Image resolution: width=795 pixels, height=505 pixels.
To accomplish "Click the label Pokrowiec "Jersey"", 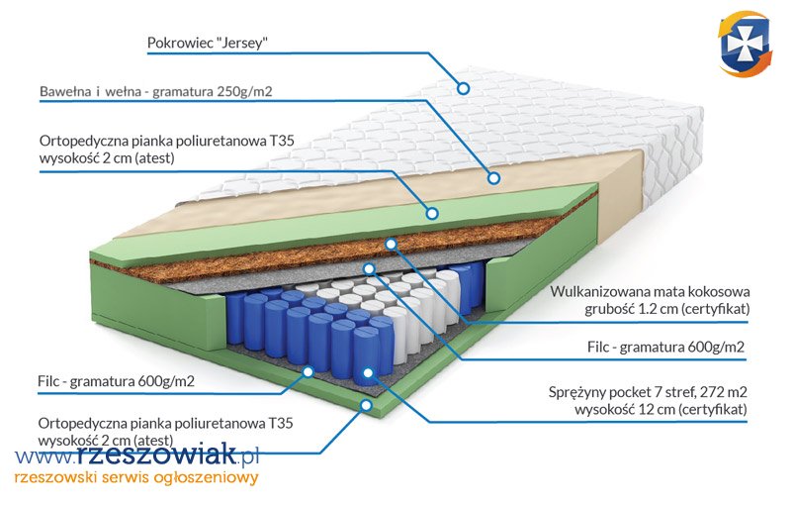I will [208, 44].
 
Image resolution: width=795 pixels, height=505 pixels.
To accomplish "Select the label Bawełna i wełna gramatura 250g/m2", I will [156, 92].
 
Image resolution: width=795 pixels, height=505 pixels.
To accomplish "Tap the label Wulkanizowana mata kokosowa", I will [650, 292].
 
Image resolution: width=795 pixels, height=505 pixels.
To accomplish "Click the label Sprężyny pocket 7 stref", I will [649, 390].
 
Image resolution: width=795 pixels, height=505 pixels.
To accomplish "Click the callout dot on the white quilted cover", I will [462, 87].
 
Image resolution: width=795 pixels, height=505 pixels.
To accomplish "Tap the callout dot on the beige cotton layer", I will [492, 179].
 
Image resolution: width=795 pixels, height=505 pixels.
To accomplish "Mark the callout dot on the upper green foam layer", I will [431, 212].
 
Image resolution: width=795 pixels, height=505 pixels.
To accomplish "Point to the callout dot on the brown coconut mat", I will [392, 243].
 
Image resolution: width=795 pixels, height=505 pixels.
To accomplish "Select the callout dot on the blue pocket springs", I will [369, 373].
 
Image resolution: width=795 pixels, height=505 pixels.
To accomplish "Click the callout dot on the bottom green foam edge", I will [366, 404].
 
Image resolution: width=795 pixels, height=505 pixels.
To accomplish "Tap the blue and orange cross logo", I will [744, 44].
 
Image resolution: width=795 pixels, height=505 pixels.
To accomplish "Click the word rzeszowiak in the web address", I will [158, 455].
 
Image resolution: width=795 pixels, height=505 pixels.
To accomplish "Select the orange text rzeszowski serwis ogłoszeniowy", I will [136, 478].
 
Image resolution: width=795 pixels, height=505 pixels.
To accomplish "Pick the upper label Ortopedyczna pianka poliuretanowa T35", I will [166, 142].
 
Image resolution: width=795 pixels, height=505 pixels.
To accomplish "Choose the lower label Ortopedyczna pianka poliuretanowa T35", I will [166, 423].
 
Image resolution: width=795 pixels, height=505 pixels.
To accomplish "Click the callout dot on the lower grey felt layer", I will [309, 371].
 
